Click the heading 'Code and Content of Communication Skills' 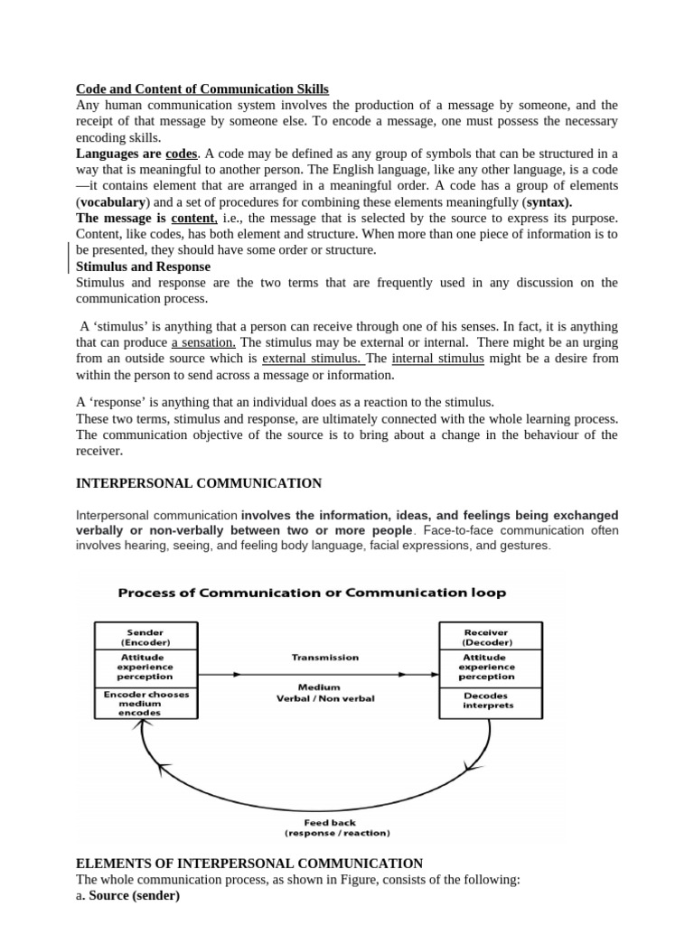click(x=202, y=89)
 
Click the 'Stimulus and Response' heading click(x=143, y=266)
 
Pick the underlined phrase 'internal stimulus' click(x=438, y=359)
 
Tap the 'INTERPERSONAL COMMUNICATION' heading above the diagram click(x=198, y=483)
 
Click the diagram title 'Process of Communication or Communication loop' click(x=313, y=593)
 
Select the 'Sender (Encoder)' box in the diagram click(x=145, y=638)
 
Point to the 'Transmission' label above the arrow click(x=325, y=658)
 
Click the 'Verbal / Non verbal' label click(x=325, y=698)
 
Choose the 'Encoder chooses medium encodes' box click(x=145, y=704)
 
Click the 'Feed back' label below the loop click(x=330, y=822)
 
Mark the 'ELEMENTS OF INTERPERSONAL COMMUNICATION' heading click(x=249, y=864)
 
